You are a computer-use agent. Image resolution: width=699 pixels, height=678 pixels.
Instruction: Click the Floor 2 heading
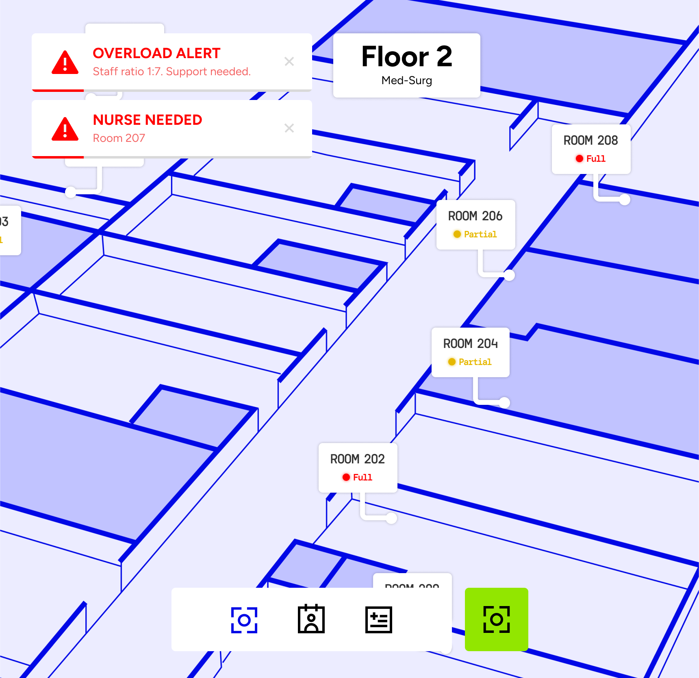[406, 57]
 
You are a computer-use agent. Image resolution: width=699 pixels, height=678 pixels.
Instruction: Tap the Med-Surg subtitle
[406, 80]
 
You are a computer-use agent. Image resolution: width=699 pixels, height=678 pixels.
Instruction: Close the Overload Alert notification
[289, 61]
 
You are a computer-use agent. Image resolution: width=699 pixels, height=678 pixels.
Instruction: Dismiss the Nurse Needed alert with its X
[289, 128]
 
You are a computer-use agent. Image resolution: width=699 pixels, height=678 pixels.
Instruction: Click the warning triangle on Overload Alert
[65, 63]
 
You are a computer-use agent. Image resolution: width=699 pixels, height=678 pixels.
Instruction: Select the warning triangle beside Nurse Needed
[65, 130]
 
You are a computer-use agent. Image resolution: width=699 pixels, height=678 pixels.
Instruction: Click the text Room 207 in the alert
[119, 138]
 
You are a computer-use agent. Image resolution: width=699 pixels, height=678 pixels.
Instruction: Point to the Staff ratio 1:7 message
[171, 72]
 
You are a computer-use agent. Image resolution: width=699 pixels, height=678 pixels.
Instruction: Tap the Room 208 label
[590, 141]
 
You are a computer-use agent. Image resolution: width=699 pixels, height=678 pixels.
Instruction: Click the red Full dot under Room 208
[580, 159]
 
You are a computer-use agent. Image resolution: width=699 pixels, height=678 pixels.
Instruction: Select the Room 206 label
[475, 216]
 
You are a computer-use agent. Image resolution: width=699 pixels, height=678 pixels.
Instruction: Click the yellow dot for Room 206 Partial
[457, 234]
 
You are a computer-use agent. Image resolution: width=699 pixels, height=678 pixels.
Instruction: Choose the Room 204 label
[470, 344]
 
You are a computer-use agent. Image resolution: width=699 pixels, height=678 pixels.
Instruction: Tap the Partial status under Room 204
[475, 362]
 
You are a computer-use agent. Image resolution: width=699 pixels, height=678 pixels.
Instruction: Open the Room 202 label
[357, 459]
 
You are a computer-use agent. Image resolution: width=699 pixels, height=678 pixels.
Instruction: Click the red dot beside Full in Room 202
[346, 477]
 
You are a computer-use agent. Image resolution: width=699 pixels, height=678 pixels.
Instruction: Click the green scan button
[496, 619]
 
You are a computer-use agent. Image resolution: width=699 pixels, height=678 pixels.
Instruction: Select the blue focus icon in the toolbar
[244, 620]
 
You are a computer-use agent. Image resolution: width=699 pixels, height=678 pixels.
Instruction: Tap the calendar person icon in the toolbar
[311, 619]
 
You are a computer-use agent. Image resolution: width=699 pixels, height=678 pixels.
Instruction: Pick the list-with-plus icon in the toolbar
[378, 620]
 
